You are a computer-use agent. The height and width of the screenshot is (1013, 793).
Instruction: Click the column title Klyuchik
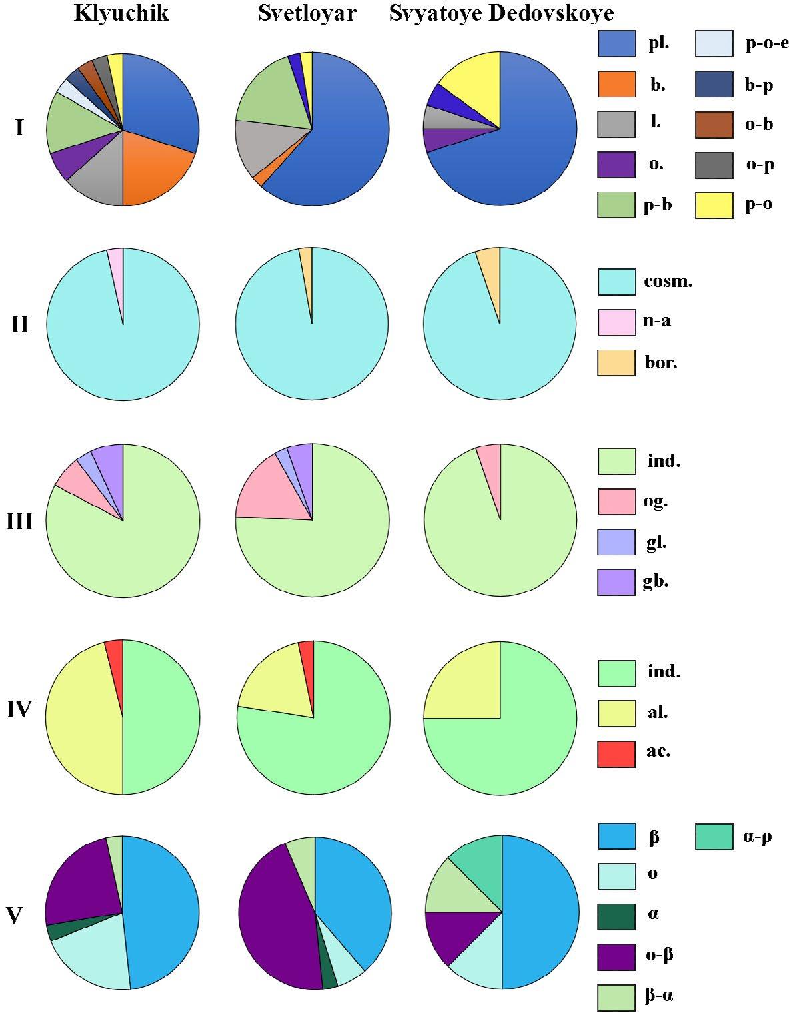click(121, 13)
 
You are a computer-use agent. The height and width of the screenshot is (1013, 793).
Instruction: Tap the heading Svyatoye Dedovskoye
click(501, 13)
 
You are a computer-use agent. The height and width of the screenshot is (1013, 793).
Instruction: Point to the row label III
click(19, 521)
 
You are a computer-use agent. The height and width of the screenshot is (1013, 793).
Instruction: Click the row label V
click(14, 916)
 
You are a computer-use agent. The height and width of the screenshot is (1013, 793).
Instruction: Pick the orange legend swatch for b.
click(616, 85)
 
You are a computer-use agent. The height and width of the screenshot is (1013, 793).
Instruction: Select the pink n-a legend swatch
click(616, 322)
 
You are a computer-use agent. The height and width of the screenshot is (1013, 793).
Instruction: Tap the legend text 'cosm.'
click(668, 281)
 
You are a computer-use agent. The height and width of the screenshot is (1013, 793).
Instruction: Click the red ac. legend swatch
click(616, 753)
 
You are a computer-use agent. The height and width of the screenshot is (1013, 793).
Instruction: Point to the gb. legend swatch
click(616, 582)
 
